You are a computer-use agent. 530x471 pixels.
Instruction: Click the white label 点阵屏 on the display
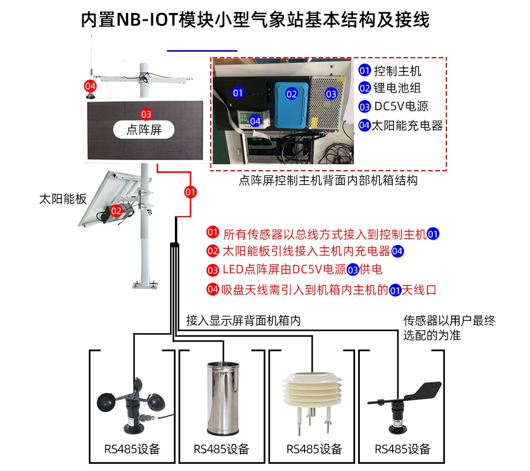pos(144,129)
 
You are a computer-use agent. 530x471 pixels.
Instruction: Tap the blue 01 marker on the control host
pos(237,93)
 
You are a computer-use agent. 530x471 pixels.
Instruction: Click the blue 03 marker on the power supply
pos(331,94)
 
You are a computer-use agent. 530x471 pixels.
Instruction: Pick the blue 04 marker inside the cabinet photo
pos(255,120)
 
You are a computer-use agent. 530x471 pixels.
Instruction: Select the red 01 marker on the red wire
pos(190,191)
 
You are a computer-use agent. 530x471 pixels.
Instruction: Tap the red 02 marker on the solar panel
pos(116,210)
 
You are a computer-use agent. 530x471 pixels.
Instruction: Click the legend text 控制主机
pos(398,71)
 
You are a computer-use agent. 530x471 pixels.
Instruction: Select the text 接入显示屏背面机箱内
pos(243,321)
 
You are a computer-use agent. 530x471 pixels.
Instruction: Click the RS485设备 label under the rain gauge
pos(221,449)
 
